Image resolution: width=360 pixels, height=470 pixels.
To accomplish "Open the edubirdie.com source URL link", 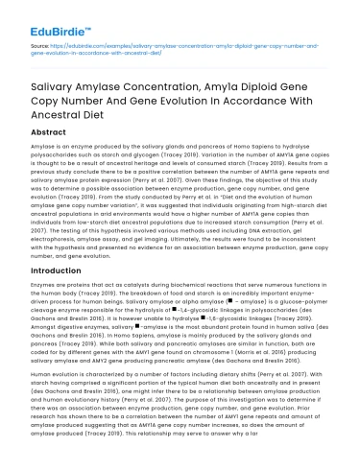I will (173, 45).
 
